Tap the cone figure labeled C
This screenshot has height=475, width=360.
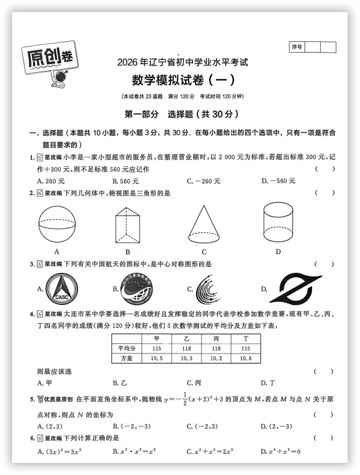pyautogui.click(x=204, y=222)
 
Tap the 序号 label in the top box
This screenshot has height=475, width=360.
pyautogui.click(x=296, y=47)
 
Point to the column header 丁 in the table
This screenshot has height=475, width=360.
pyautogui.click(x=245, y=339)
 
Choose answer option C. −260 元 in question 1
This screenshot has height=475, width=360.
pyautogui.click(x=203, y=181)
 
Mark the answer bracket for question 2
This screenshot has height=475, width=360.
pyautogui.click(x=324, y=193)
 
